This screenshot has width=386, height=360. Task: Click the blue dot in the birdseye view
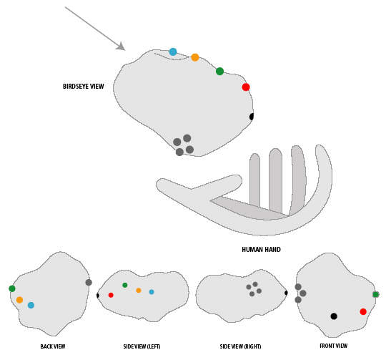pos(173,52)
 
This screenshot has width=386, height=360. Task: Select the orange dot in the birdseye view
pos(195,57)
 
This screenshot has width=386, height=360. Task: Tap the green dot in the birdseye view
pos(220,71)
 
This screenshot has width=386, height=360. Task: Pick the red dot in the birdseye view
pos(246,87)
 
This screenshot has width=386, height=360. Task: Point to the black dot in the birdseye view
pos(252,117)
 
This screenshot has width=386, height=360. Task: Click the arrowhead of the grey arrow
pos(122,47)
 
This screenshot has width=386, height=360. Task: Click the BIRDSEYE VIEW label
pos(84,86)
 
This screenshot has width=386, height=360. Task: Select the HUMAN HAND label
pos(261,250)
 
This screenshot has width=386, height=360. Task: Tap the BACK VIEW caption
pos(53,346)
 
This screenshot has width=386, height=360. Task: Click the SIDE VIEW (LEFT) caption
pos(142,346)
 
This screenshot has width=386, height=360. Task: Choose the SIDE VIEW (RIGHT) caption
pos(240,346)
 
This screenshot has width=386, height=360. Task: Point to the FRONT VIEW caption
pos(334,346)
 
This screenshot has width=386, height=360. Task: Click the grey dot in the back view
pos(89,283)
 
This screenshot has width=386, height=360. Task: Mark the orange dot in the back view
pos(19,300)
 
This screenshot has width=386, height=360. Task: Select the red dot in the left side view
pos(111,295)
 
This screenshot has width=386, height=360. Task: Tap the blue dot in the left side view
pos(152,292)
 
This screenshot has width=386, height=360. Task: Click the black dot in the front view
pos(334,316)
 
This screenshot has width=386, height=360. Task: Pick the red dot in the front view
pos(363,312)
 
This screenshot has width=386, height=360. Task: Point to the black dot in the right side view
pos(286,293)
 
